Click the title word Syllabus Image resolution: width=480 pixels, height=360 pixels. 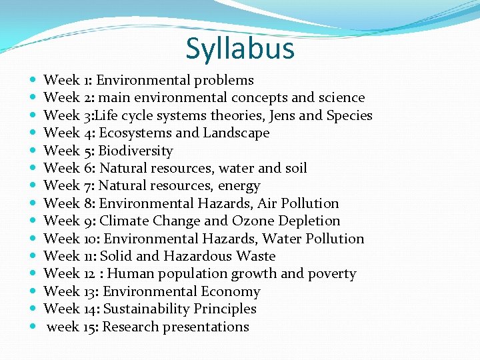[240, 49]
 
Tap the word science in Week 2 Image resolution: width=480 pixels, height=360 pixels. [341, 98]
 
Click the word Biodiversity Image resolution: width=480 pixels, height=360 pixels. [135, 151]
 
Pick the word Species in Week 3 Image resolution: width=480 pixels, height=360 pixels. [349, 115]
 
